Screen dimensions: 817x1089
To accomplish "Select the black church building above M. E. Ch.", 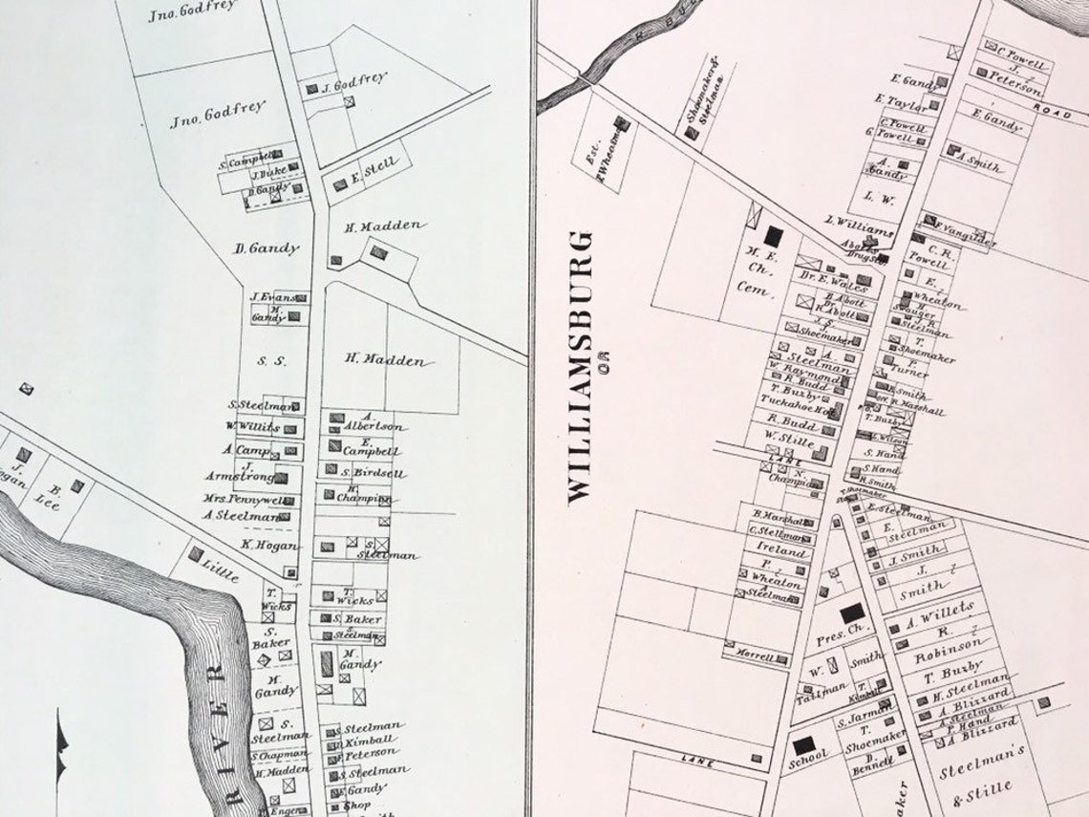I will click(773, 236).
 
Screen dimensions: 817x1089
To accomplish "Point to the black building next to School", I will click(803, 744).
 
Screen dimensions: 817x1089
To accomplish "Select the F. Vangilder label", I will click(965, 233).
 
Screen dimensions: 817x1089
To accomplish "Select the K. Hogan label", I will click(270, 545).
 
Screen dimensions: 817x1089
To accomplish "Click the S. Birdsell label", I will click(374, 473).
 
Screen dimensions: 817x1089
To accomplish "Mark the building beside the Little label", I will click(196, 553).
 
